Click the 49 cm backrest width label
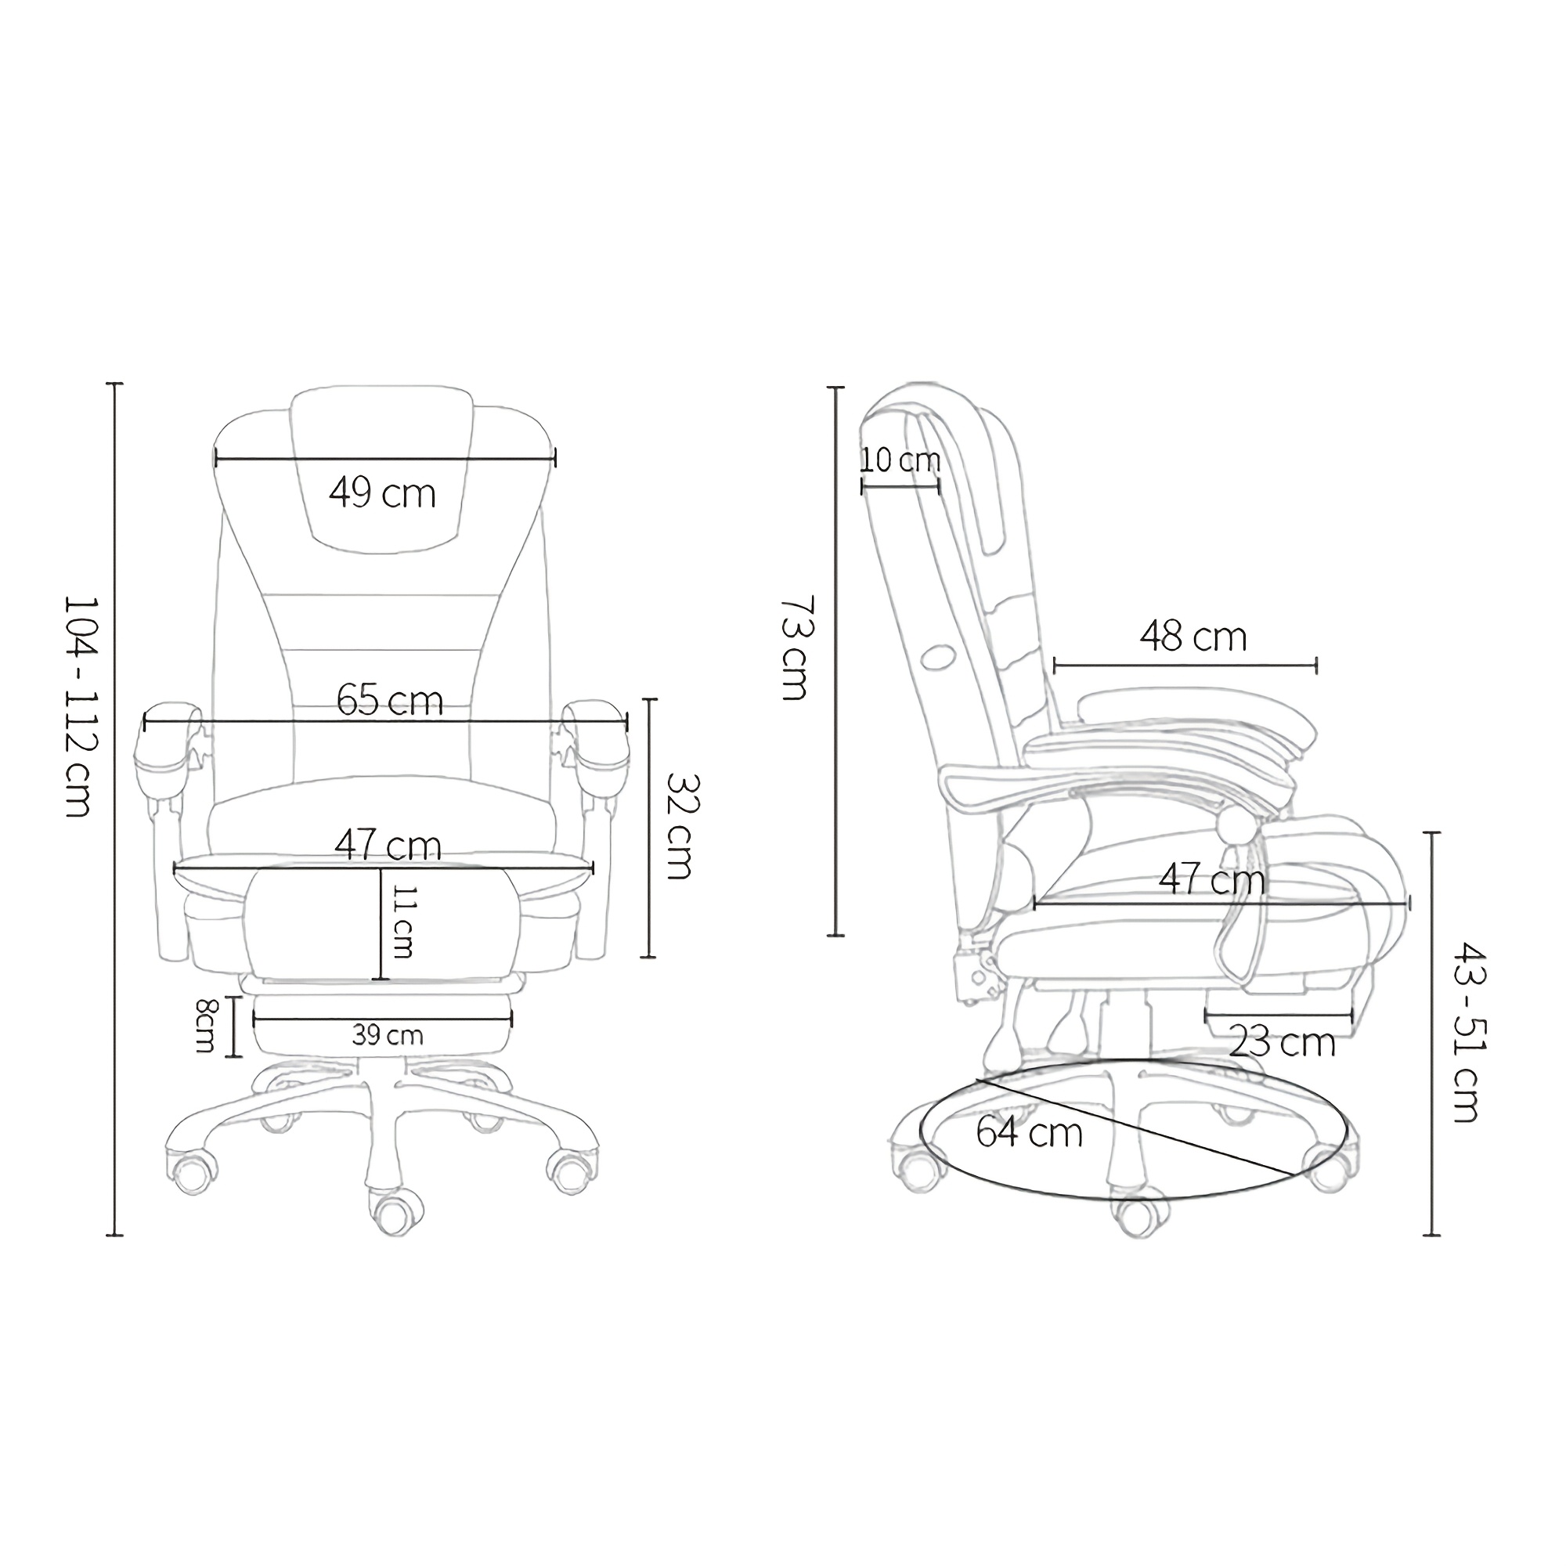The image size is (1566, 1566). [383, 493]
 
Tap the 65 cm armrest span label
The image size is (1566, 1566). [390, 700]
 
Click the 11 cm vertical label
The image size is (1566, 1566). [402, 922]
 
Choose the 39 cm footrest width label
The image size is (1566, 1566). [388, 1035]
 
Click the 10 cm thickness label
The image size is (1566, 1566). [900, 460]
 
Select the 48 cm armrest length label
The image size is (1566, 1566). [1193, 637]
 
